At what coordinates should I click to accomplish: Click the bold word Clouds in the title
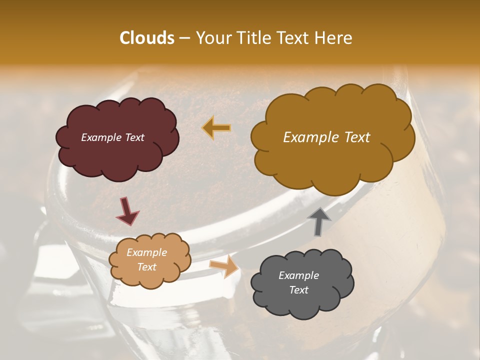(147, 38)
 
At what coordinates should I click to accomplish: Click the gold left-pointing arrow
(216, 128)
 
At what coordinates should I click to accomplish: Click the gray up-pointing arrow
(319, 220)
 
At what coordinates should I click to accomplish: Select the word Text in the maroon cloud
(134, 137)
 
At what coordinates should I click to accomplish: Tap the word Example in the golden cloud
(310, 137)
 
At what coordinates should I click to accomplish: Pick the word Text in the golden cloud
(356, 137)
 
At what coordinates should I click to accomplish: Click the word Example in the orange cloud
(146, 252)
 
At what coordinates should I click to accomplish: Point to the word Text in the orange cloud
(146, 267)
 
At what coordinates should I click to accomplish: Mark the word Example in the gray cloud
(298, 275)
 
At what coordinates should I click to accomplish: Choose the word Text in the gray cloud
(298, 290)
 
